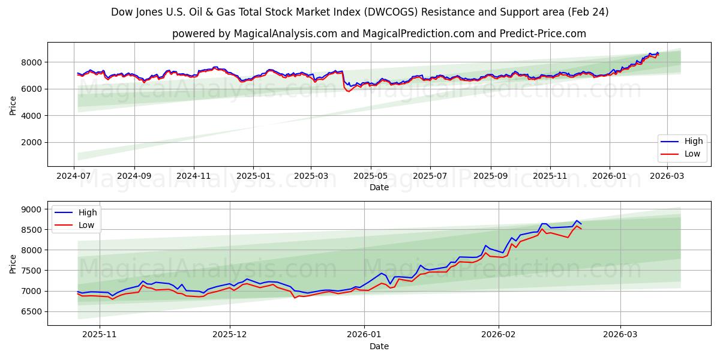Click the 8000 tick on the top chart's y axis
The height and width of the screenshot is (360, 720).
(31, 62)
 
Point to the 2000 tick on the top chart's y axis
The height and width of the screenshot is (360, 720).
(31, 142)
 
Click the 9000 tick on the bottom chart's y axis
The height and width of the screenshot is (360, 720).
(31, 209)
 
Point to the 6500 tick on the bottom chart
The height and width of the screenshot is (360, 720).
(31, 311)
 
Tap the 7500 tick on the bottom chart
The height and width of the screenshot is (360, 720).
(31, 271)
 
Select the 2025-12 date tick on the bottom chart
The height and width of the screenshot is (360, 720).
(230, 334)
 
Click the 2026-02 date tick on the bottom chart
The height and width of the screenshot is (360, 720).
(499, 334)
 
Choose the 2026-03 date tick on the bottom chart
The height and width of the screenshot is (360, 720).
(620, 334)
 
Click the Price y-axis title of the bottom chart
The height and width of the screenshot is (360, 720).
(13, 263)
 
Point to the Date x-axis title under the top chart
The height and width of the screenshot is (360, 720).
(379, 187)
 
